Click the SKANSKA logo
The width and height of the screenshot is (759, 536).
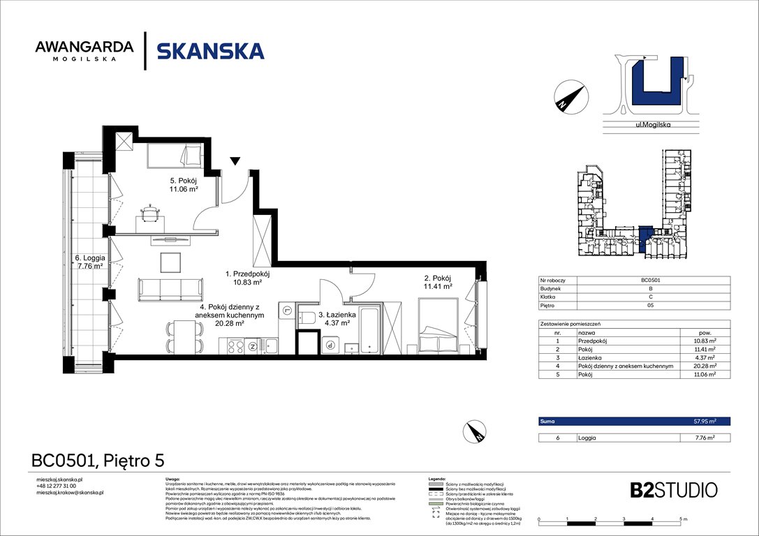[210, 51]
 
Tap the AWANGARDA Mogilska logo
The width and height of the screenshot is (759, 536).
[84, 51]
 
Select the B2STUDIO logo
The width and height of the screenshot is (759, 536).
[672, 490]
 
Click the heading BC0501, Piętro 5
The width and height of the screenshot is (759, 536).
[98, 461]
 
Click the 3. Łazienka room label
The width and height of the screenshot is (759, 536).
[337, 319]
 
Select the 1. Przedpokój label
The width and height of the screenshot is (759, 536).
[248, 278]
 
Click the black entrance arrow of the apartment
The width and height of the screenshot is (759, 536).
[235, 162]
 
